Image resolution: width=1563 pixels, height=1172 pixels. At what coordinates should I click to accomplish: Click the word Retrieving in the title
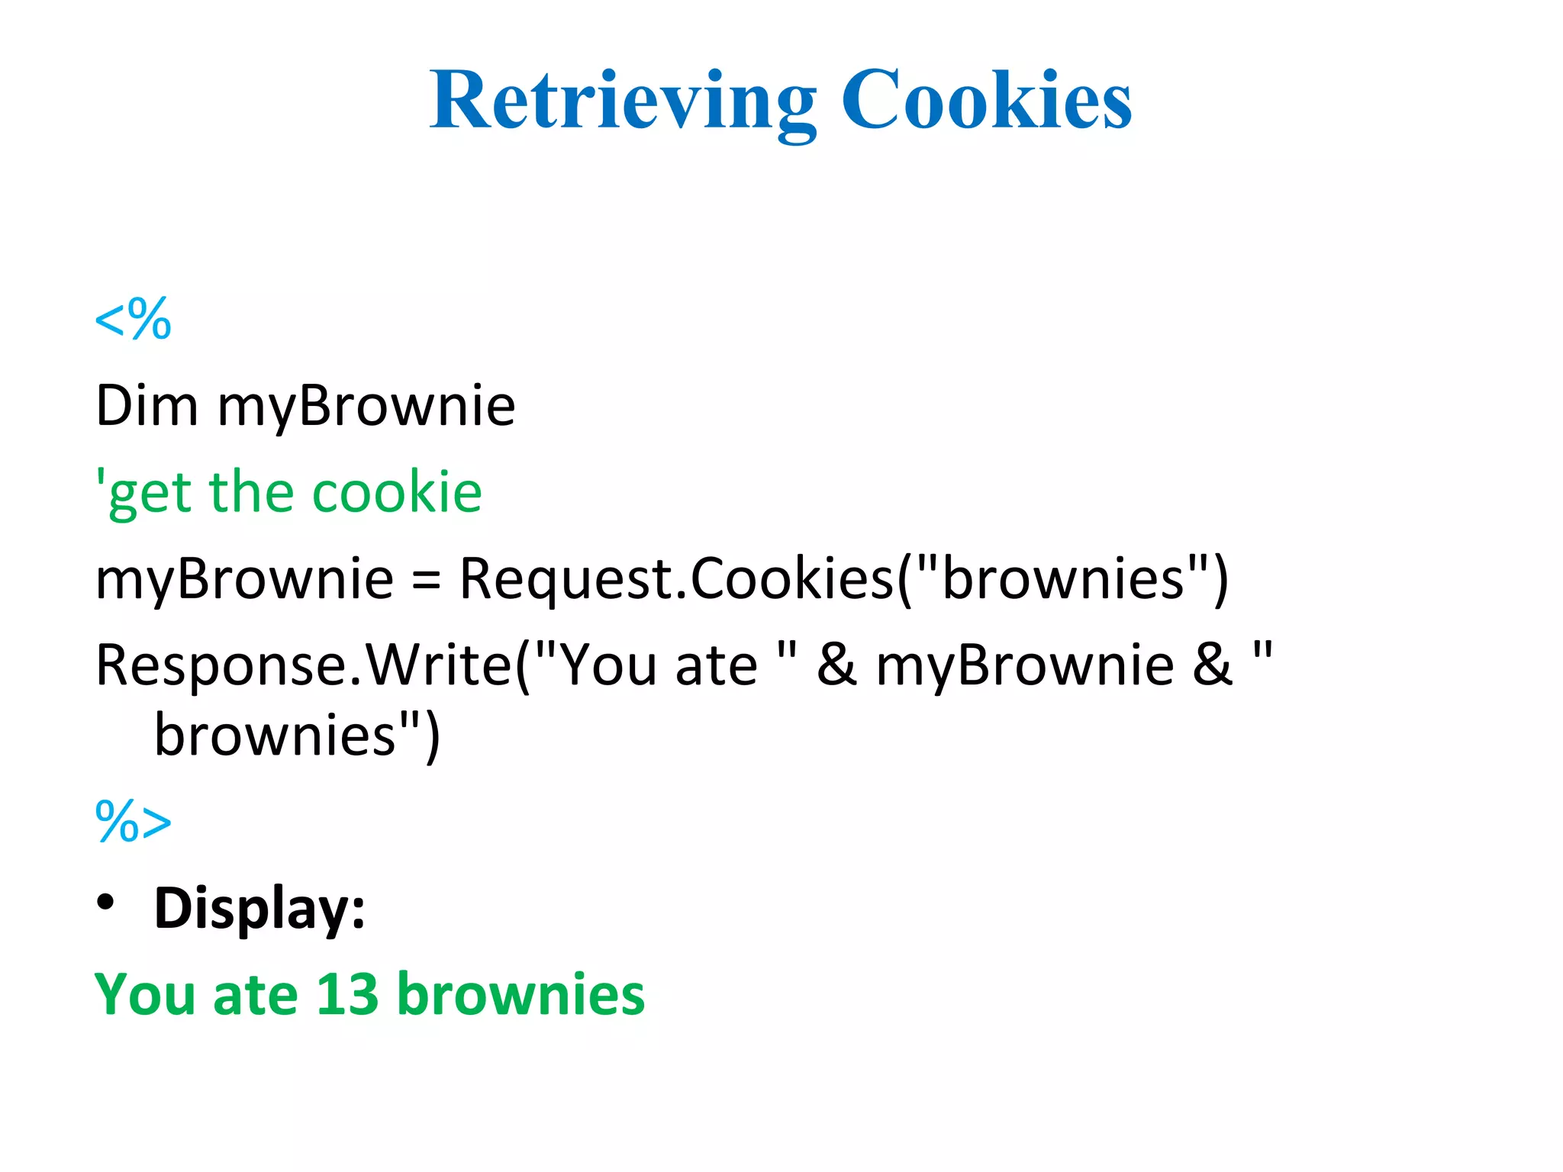(x=622, y=101)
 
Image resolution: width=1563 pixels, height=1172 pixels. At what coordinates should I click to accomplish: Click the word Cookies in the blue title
(x=986, y=101)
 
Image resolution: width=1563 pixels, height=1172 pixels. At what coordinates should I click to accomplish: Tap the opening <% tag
(x=133, y=319)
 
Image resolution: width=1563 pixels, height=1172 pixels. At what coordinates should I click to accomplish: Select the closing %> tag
(x=133, y=822)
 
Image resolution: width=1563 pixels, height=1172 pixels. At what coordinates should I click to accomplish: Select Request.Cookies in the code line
(x=675, y=578)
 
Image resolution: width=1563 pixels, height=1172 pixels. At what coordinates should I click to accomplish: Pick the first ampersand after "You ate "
(x=836, y=665)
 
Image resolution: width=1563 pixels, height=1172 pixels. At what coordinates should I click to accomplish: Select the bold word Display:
(x=259, y=908)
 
